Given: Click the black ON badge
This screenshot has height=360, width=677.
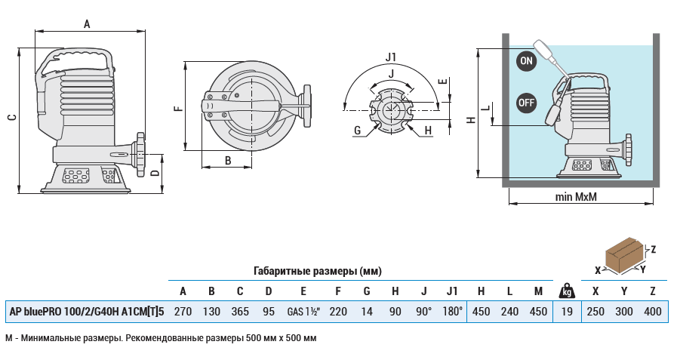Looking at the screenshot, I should point(526,61).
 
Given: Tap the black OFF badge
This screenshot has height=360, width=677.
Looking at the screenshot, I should point(526,102).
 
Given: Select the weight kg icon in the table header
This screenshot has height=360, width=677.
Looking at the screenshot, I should point(565,291).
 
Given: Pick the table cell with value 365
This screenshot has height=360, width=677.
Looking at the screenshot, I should point(240,311).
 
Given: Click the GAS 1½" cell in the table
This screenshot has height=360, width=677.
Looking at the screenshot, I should point(303,311).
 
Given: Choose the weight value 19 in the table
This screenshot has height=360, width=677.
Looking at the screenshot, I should point(565,311).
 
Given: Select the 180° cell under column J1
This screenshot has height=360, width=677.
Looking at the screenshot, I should point(452,311).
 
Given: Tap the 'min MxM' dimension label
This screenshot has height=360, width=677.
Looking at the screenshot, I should point(575,198).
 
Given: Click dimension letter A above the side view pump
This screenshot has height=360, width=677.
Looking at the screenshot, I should point(87,24).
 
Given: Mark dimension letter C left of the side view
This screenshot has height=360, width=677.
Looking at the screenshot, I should point(11,117).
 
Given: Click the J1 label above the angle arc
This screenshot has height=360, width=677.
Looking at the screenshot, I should point(390,57).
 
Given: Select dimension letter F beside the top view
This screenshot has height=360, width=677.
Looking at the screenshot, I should point(177,109).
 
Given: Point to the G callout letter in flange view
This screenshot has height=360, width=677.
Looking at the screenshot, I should point(357,131).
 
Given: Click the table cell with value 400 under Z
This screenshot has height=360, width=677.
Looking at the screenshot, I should point(653,311).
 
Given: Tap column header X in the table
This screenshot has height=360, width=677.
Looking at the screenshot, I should point(596,291).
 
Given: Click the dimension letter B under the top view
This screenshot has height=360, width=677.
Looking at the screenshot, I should point(228,160).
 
